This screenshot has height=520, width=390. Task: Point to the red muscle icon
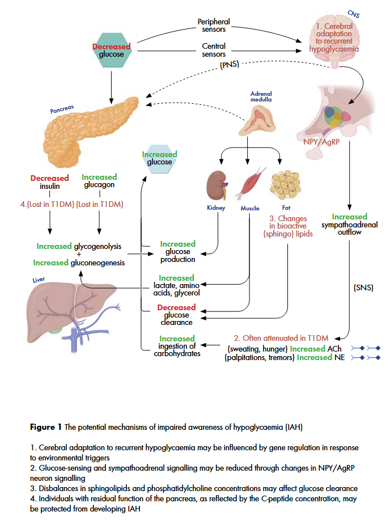tap(249, 183)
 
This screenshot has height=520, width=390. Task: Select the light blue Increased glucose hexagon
tap(159, 158)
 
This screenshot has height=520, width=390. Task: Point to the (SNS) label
tap(363, 288)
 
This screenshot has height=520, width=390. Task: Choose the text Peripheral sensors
tap(214, 26)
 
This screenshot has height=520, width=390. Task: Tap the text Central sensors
tap(214, 50)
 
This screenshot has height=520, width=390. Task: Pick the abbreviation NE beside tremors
tap(339, 357)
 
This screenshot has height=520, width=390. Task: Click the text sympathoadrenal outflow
tap(349, 228)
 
